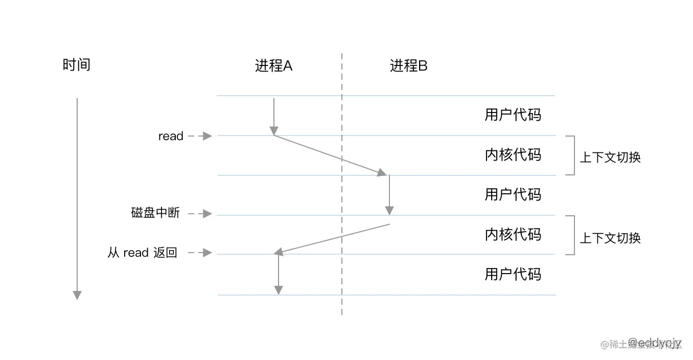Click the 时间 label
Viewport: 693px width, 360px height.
pos(76,65)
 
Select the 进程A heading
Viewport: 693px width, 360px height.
pos(273,66)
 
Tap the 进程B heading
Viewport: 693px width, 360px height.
pos(408,66)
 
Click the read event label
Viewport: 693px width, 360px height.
pos(171,137)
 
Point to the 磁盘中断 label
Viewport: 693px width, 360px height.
pos(155,213)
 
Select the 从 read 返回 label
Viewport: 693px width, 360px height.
pos(142,253)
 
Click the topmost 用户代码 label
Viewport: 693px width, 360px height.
pos(512,115)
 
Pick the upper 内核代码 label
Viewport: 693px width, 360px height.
pos(512,154)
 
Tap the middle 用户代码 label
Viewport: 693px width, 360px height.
pos(512,194)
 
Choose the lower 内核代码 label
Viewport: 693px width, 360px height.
pos(512,234)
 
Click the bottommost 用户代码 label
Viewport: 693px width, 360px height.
pos(512,275)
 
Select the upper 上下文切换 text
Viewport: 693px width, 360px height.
pos(610,157)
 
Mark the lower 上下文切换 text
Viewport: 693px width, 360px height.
pos(610,238)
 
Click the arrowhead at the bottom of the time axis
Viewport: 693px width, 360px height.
pos(77,295)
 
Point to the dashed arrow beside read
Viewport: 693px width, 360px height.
pos(200,136)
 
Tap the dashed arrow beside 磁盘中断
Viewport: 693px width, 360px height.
pos(200,214)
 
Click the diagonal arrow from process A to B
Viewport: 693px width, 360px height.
pos(330,155)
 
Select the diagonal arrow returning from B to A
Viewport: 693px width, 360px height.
pos(335,238)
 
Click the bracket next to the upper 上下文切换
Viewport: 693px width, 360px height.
pos(571,155)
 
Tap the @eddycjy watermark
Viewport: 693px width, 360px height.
pos(654,342)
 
